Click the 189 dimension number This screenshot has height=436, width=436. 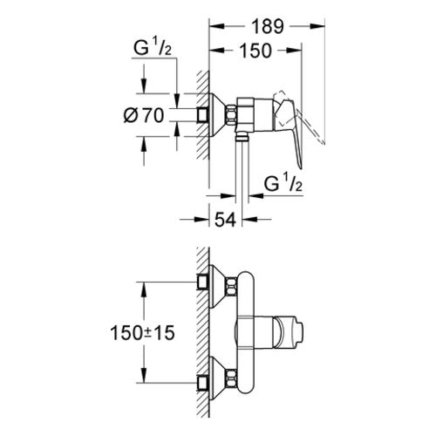point(267,26)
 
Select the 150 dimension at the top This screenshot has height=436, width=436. point(255,51)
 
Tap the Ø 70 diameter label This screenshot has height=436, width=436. point(144,115)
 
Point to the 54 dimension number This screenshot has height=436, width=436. point(225,220)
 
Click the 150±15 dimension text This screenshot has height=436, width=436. point(143,333)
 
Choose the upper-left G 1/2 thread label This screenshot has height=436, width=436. point(153,48)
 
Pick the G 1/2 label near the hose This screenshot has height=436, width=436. point(283,184)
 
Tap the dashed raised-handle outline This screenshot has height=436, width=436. point(299,116)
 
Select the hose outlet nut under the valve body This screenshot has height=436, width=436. point(242,136)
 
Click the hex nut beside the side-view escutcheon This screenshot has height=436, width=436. point(231,115)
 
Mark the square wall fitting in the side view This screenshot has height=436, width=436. point(203,115)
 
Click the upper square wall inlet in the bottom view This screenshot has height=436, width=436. point(203,282)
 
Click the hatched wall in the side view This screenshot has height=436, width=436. point(203,115)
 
